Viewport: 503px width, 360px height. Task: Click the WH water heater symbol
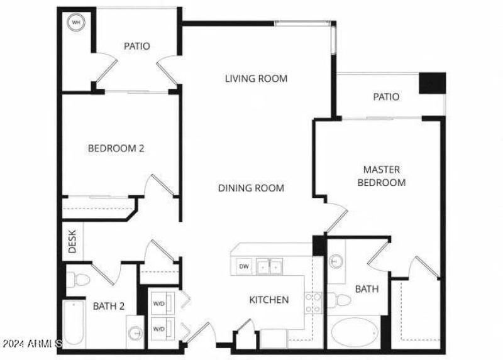pyautogui.click(x=77, y=23)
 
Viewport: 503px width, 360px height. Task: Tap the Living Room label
pyautogui.click(x=256, y=79)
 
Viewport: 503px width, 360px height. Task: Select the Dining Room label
pyautogui.click(x=251, y=188)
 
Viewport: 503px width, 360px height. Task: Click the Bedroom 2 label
pyautogui.click(x=116, y=149)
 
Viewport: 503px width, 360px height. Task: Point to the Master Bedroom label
pyautogui.click(x=381, y=176)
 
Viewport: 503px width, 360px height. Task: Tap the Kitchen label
pyautogui.click(x=269, y=300)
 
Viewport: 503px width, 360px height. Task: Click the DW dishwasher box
pyautogui.click(x=244, y=266)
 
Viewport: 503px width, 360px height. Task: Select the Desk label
pyautogui.click(x=72, y=243)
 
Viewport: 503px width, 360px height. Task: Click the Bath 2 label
pyautogui.click(x=109, y=307)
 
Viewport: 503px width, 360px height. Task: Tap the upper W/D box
pyautogui.click(x=160, y=304)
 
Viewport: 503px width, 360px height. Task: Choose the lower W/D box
pyautogui.click(x=160, y=327)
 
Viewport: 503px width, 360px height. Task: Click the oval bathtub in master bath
pyautogui.click(x=355, y=332)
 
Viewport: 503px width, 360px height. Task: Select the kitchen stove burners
pyautogui.click(x=312, y=303)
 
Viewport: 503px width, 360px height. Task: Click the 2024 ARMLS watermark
pyautogui.click(x=31, y=344)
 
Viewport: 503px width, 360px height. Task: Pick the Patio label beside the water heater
pyautogui.click(x=136, y=46)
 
